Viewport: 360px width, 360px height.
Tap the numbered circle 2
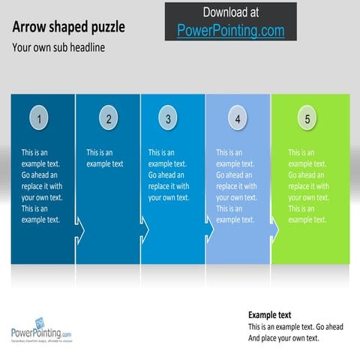109,118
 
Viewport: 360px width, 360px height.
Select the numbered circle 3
168,118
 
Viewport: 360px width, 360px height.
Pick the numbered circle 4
238,118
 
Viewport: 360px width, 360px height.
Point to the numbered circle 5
307,118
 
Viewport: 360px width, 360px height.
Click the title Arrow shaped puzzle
68,28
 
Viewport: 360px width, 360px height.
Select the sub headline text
58,47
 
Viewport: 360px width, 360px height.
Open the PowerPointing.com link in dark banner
230,31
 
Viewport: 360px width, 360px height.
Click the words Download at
230,12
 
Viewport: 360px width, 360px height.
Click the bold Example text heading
269,315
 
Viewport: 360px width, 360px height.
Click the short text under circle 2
104,158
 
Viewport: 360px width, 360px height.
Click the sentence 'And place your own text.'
283,338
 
